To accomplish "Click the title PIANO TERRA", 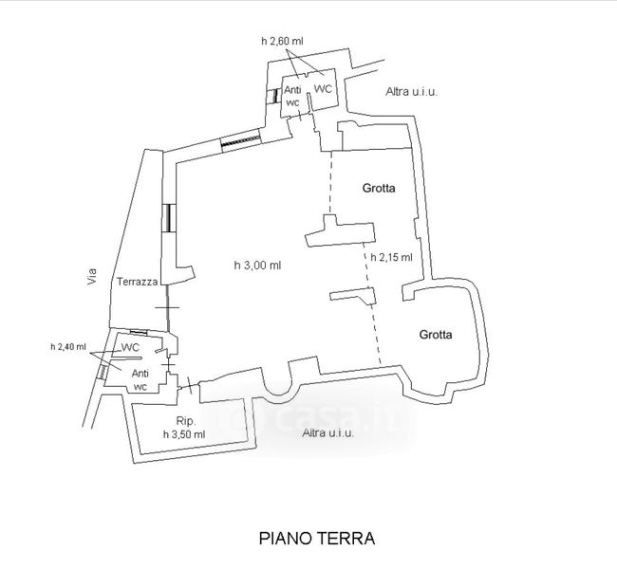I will (x=317, y=539).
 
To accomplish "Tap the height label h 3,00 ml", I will (x=257, y=266).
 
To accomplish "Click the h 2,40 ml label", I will (x=69, y=346).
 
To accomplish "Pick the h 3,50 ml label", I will (x=182, y=433).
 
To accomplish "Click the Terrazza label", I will (x=137, y=282).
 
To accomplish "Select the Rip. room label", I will (x=186, y=420).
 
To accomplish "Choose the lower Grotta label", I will (x=436, y=334).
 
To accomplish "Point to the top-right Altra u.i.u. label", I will (x=415, y=91).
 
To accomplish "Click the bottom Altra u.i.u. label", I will (x=327, y=432).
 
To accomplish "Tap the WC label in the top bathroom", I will (x=323, y=88).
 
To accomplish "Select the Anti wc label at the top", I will (x=292, y=97).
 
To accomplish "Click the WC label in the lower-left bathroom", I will (x=131, y=348).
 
